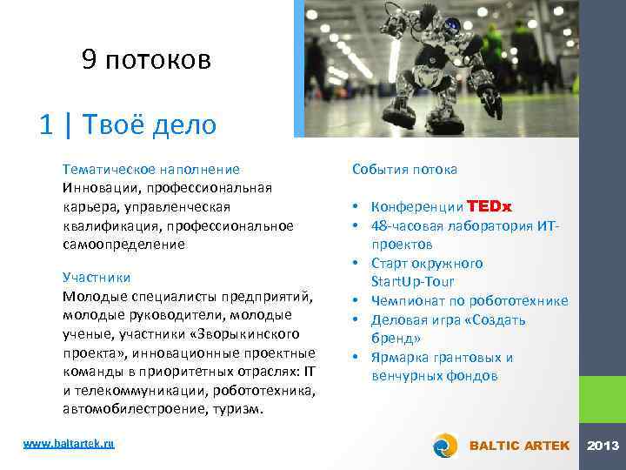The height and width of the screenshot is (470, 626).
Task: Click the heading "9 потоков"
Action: point(146,59)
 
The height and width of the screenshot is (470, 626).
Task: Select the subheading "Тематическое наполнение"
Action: point(151,169)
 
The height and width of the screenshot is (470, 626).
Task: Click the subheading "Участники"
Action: point(97,277)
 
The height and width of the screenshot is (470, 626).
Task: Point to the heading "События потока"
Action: point(405,169)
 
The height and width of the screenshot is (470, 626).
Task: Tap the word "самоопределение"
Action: point(123,245)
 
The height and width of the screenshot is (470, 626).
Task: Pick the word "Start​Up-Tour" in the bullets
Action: point(413,282)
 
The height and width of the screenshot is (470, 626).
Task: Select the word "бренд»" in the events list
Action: point(396,338)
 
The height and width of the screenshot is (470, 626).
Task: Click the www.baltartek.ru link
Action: point(69,444)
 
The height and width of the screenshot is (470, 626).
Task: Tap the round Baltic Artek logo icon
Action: point(445,446)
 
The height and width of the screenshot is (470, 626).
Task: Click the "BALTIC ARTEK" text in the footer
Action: point(519,446)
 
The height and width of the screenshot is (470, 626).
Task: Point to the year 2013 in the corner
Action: point(603,446)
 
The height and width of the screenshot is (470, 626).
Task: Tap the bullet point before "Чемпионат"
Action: point(357,301)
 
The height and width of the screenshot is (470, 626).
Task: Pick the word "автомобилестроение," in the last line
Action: point(126,409)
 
